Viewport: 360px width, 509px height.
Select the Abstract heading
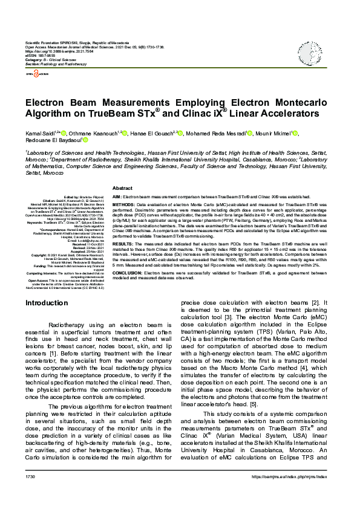pos(123,189)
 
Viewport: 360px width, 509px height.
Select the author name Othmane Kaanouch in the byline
pos(88,133)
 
